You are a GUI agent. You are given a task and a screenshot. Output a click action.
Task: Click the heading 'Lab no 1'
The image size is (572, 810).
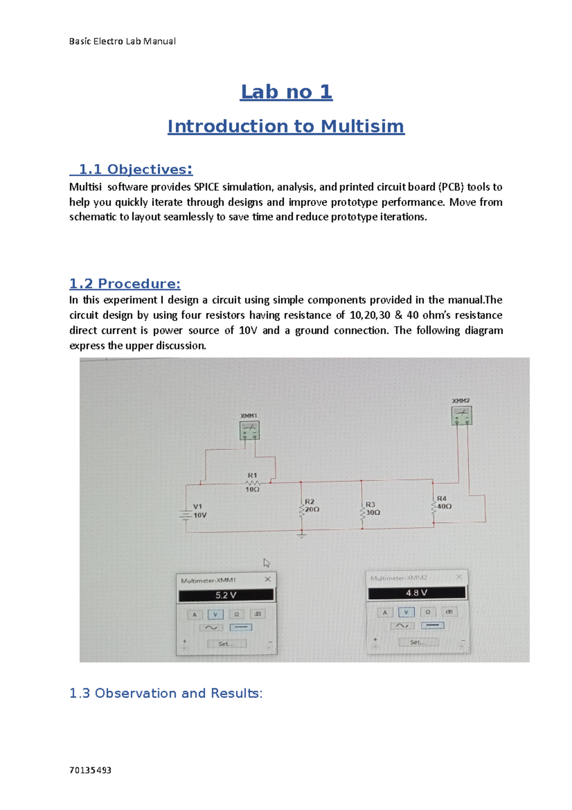(x=286, y=92)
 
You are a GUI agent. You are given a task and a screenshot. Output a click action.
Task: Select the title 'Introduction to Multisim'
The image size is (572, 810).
(x=286, y=126)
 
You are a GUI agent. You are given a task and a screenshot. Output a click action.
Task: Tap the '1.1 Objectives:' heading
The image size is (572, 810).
(x=132, y=169)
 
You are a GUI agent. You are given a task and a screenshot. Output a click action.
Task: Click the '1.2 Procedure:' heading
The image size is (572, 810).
(x=125, y=284)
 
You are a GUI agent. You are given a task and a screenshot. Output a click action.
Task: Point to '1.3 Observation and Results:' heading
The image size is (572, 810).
(x=166, y=693)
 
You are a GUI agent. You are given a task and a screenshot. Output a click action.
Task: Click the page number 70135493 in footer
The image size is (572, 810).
(x=90, y=770)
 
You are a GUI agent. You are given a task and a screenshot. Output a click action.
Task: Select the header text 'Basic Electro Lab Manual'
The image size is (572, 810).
(x=123, y=42)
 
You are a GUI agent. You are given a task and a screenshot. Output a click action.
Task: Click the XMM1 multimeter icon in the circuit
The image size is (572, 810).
(x=249, y=430)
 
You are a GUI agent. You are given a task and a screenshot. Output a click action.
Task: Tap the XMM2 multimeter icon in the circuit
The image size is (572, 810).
(x=461, y=415)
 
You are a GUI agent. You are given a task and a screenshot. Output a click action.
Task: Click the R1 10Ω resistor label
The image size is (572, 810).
(x=252, y=482)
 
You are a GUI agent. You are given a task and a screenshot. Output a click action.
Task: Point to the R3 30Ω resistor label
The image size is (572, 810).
(x=372, y=509)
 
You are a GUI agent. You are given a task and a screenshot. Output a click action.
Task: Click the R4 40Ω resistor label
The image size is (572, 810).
(x=444, y=502)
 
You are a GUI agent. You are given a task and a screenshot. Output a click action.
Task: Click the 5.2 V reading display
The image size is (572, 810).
(x=226, y=595)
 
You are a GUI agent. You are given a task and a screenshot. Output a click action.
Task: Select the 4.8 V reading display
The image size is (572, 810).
(x=417, y=593)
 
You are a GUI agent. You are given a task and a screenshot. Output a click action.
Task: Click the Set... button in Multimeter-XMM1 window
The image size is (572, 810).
(x=226, y=644)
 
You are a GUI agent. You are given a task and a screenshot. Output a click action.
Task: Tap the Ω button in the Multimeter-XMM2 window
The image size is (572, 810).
(x=428, y=612)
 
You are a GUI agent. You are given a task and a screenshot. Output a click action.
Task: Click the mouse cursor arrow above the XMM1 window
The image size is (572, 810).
(x=266, y=563)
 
